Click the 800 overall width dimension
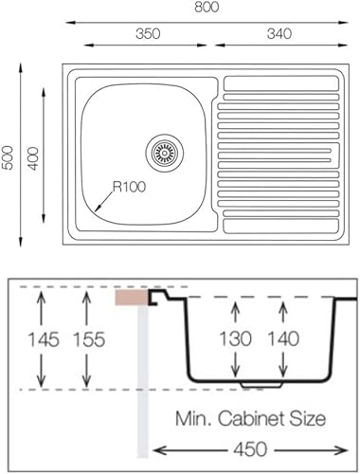(207, 7)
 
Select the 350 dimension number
(148, 33)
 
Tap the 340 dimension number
(279, 33)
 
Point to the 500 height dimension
(8, 157)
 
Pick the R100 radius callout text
(129, 187)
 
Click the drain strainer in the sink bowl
(165, 154)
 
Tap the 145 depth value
(44, 339)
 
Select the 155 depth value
(89, 339)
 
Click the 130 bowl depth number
(235, 338)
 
